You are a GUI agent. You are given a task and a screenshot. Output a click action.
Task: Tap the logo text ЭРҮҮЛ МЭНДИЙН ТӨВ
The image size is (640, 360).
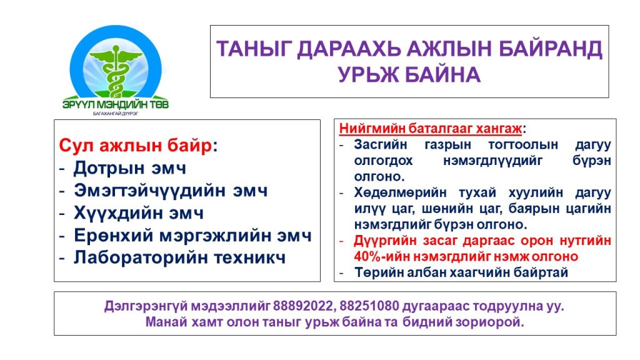116,104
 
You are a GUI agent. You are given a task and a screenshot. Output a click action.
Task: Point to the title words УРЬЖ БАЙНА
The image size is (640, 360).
409,75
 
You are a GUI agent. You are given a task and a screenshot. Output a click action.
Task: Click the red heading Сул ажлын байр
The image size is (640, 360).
136,145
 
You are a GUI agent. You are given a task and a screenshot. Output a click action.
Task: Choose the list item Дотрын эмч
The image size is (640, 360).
130,168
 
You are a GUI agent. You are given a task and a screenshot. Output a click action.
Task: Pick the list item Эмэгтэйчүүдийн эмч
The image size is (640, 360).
171,191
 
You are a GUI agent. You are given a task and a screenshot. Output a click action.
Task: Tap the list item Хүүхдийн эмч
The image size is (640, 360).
138,213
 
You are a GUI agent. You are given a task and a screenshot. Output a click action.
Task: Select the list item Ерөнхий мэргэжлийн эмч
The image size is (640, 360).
192,236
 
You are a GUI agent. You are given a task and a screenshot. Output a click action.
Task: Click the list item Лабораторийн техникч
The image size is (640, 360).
179,257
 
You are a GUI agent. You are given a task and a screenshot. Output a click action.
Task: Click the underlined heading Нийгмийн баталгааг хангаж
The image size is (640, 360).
431,129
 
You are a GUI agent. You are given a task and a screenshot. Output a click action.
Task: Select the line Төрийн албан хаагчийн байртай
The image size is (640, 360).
461,272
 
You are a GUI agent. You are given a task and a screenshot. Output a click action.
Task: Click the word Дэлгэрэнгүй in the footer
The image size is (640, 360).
146,306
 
